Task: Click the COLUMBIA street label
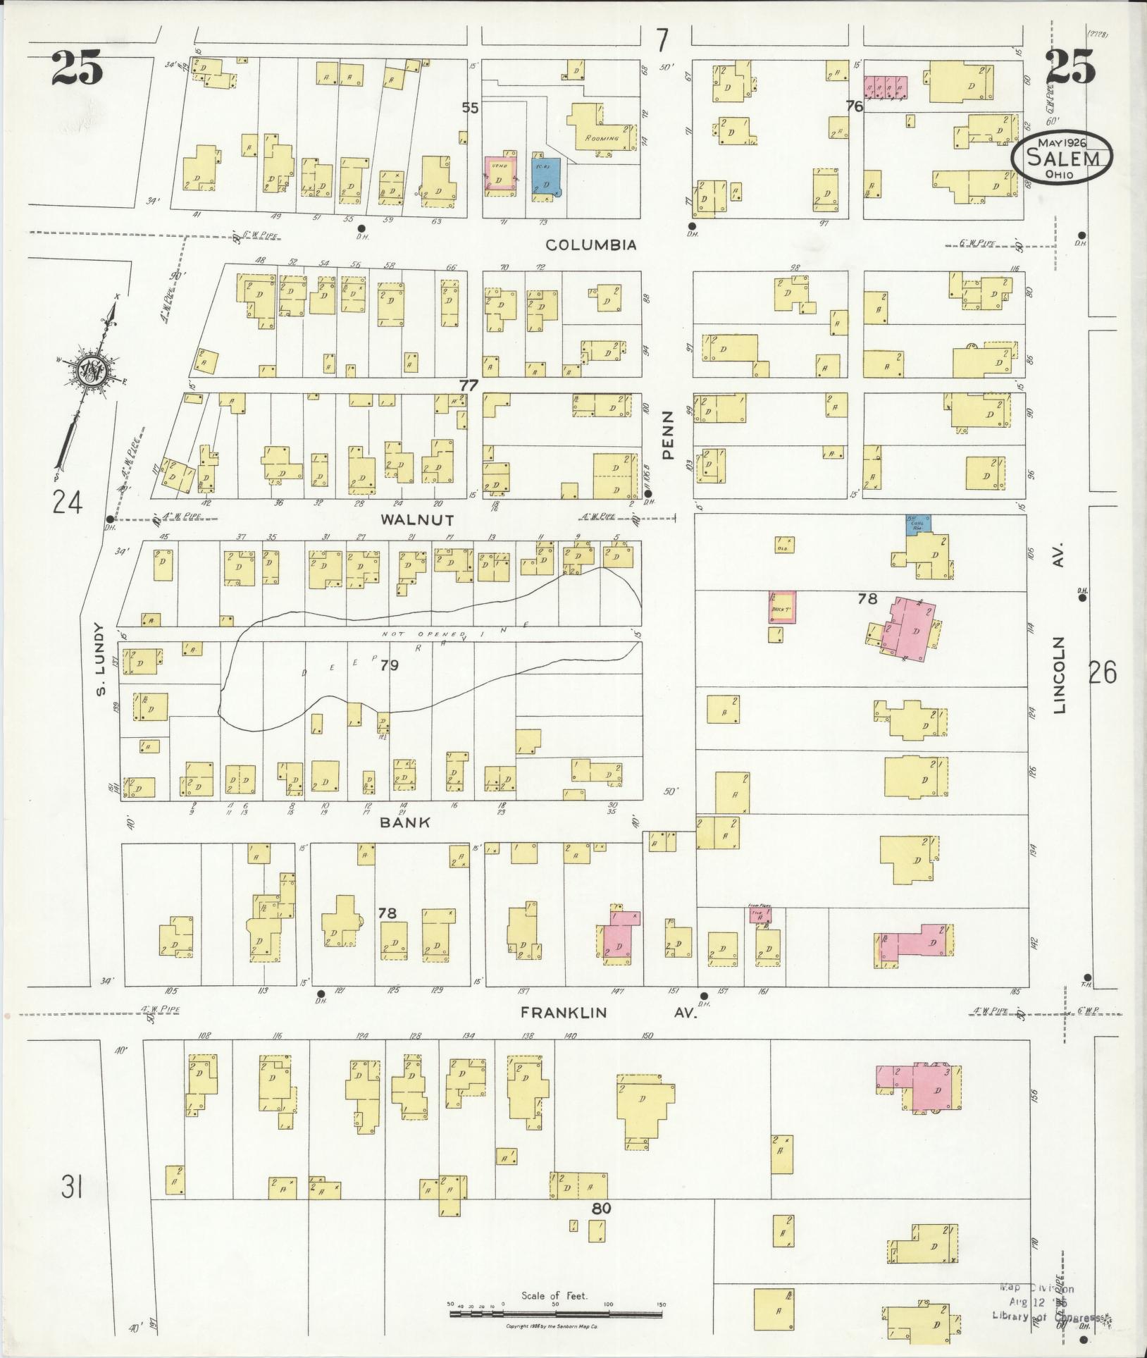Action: click(x=592, y=245)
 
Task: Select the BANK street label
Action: click(x=405, y=822)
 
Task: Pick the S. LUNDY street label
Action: click(x=100, y=659)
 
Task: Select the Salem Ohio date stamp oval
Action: click(x=1062, y=159)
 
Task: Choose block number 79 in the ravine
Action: click(x=389, y=665)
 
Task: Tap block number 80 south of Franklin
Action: click(x=600, y=1208)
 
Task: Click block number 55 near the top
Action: click(x=471, y=107)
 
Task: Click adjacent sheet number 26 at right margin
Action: click(x=1102, y=674)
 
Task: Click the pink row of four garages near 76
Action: click(x=886, y=87)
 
